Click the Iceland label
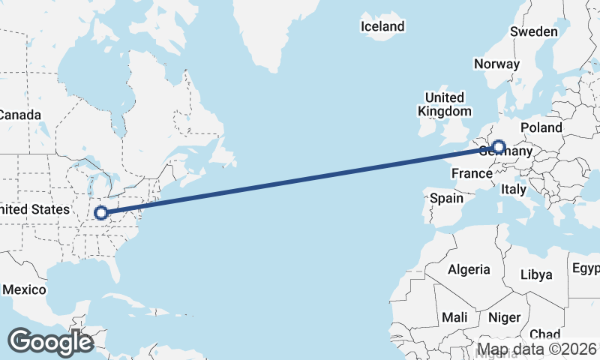tap(382, 27)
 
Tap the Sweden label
tap(533, 31)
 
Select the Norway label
tap(496, 64)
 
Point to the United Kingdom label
tap(444, 104)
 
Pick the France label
tap(471, 173)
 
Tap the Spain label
tap(447, 199)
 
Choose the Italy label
tap(514, 189)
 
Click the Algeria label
tap(469, 269)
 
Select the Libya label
tap(537, 274)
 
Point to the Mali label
tap(454, 317)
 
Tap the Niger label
tap(504, 317)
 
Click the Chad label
tap(544, 334)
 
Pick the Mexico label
tap(24, 289)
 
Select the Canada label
tap(19, 115)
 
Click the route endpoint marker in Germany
tap(498, 147)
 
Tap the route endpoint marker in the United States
tap(100, 213)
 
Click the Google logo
tap(50, 342)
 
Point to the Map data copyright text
tap(538, 349)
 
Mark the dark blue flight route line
tap(300, 180)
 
